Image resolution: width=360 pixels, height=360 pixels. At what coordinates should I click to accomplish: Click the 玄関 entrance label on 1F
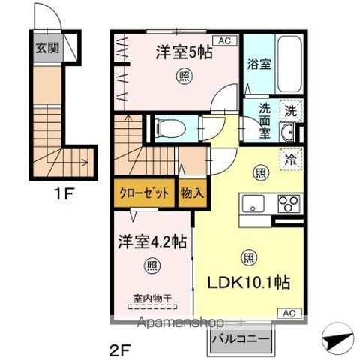pyautogui.click(x=47, y=48)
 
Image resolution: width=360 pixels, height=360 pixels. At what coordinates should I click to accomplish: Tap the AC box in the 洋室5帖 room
pyautogui.click(x=225, y=40)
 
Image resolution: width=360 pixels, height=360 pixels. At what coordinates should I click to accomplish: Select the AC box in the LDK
pyautogui.click(x=289, y=313)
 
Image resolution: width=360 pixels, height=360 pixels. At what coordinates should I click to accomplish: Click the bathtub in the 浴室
pyautogui.click(x=289, y=64)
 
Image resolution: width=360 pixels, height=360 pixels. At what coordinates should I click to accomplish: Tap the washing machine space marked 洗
pyautogui.click(x=291, y=111)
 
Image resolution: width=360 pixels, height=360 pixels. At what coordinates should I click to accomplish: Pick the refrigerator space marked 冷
pyautogui.click(x=291, y=160)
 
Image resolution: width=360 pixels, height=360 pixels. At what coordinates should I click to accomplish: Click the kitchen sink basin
pyautogui.click(x=253, y=204)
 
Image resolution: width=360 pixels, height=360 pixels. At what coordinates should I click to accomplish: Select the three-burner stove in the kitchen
pyautogui.click(x=289, y=204)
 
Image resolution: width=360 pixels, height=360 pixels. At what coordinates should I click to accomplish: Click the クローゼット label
pyautogui.click(x=144, y=193)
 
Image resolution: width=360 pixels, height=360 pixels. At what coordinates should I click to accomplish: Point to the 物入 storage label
pyautogui.click(x=193, y=193)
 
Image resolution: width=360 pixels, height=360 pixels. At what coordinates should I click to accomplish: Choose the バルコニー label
pyautogui.click(x=241, y=340)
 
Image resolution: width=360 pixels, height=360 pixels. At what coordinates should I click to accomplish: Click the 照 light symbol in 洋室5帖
pyautogui.click(x=185, y=76)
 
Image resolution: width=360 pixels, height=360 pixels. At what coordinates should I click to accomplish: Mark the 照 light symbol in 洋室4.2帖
pyautogui.click(x=152, y=265)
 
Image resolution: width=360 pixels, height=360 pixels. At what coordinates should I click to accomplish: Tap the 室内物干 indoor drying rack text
pyautogui.click(x=152, y=298)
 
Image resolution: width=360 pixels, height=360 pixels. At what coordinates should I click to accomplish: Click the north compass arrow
pyautogui.click(x=338, y=337)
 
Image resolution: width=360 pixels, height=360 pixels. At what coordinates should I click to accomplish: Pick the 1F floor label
pyautogui.click(x=64, y=193)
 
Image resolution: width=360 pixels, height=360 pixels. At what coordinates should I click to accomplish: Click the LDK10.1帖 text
pyautogui.click(x=249, y=282)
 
